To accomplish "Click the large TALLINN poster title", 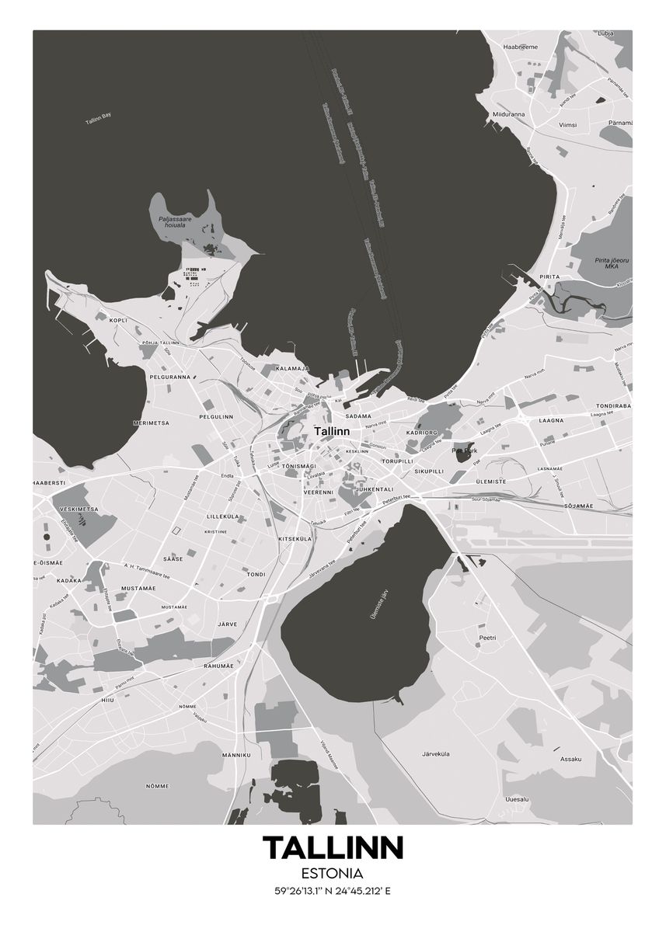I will pyautogui.click(x=333, y=848).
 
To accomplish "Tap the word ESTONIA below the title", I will pyautogui.click(x=333, y=874).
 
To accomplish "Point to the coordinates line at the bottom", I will pyautogui.click(x=333, y=891).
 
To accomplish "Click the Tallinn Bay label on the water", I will pyautogui.click(x=99, y=119).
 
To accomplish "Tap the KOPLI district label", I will pyautogui.click(x=118, y=320).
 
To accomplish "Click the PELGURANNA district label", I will pyautogui.click(x=169, y=377).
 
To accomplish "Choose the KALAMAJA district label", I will pyautogui.click(x=292, y=368).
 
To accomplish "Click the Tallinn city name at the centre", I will pyautogui.click(x=332, y=430).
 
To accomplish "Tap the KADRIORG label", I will pyautogui.click(x=422, y=433).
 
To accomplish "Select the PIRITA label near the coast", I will pyautogui.click(x=549, y=276).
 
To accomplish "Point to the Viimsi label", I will pyautogui.click(x=568, y=124).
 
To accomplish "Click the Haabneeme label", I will pyautogui.click(x=520, y=47).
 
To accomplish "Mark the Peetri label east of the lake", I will pyautogui.click(x=487, y=638).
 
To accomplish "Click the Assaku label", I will pyautogui.click(x=570, y=759).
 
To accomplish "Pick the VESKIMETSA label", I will pyautogui.click(x=78, y=509).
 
